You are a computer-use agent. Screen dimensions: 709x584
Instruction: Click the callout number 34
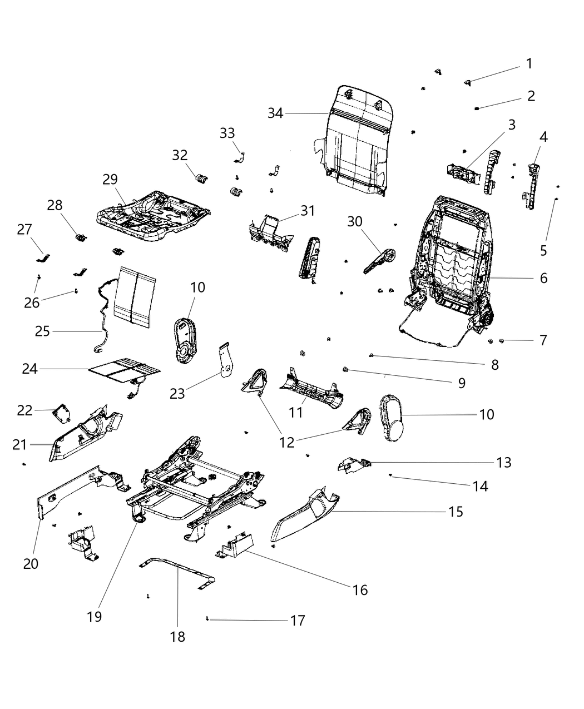[275, 113]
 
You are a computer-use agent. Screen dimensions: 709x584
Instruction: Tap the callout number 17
[298, 620]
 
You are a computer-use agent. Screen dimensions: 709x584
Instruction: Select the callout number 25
[42, 331]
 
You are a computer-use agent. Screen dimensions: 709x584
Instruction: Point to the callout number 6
[543, 277]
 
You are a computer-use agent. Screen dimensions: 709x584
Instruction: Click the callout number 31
[308, 211]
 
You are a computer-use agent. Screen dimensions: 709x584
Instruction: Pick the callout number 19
[95, 616]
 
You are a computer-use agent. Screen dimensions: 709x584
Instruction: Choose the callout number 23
[177, 393]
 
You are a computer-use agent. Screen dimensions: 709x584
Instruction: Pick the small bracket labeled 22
[61, 414]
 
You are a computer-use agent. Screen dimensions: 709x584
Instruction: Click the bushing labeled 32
[200, 179]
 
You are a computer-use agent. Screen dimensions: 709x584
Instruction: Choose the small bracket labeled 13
[352, 464]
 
